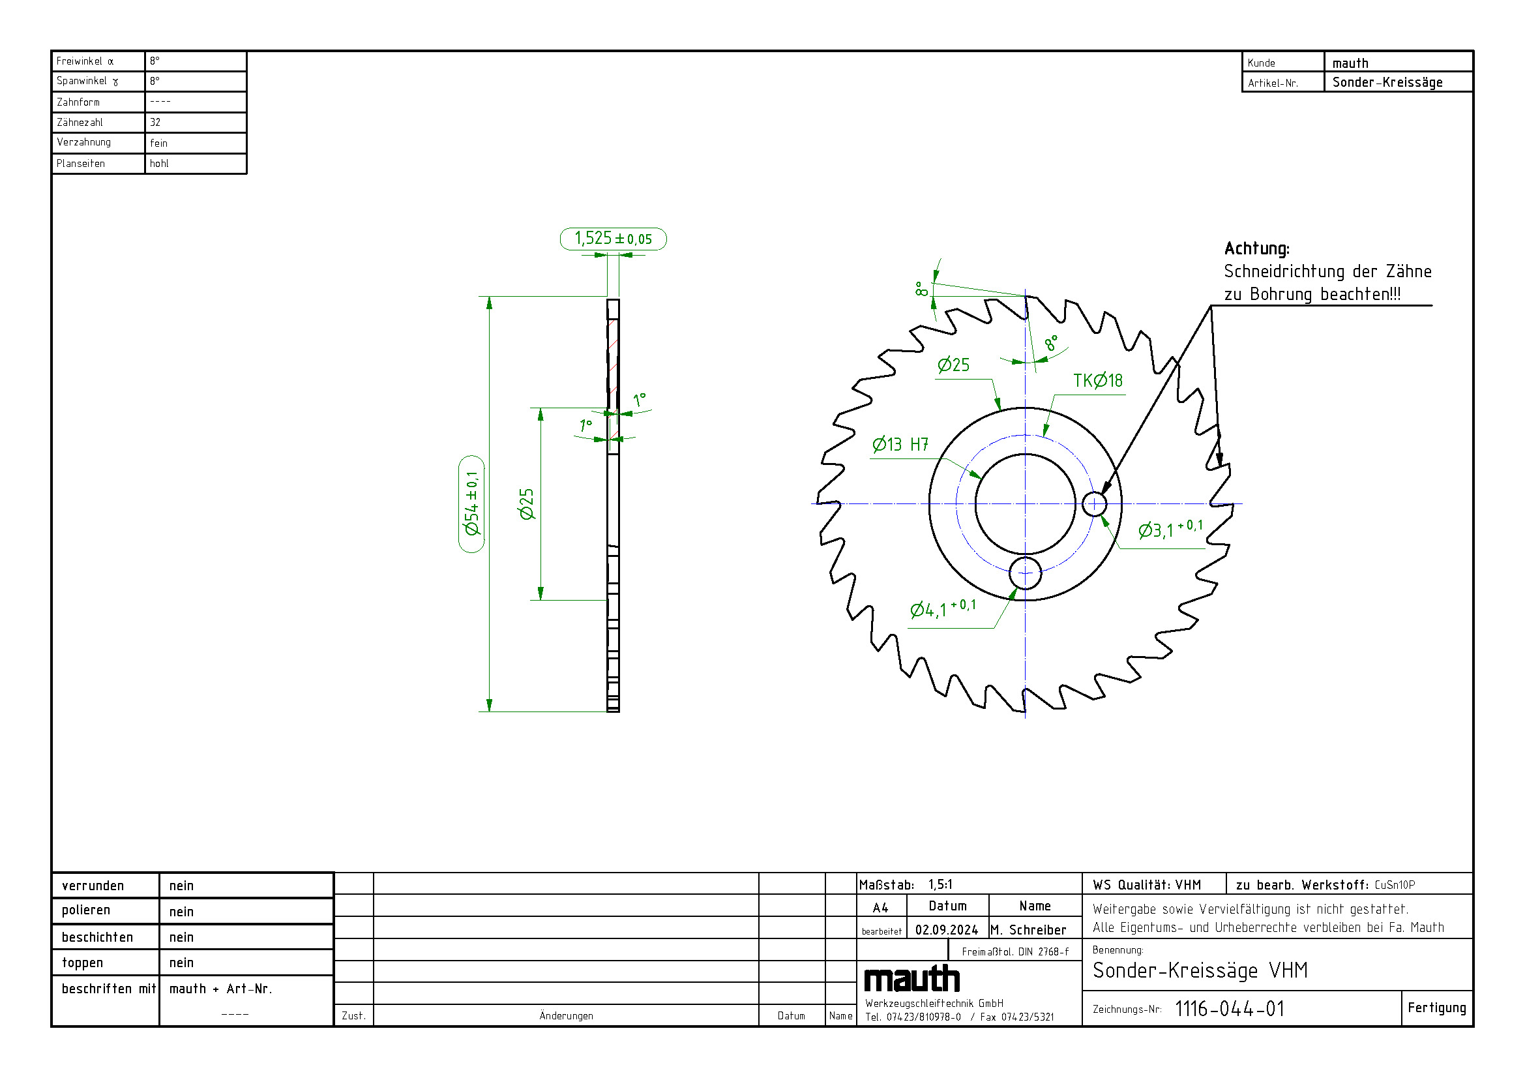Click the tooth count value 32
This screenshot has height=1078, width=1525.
pos(155,122)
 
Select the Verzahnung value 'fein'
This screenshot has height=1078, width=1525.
pos(158,143)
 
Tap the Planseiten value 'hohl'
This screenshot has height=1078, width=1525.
pos(158,164)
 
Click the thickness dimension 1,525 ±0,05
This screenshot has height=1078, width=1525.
pos(613,239)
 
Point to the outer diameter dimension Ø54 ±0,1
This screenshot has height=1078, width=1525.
pos(471,503)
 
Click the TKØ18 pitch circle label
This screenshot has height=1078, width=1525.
pos(1098,381)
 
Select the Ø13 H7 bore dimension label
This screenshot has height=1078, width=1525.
pos(900,444)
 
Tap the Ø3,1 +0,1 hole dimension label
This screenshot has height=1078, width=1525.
pos(1170,529)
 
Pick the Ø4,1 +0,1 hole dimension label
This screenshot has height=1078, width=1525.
pos(943,608)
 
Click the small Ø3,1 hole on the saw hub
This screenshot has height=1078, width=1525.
pos(1095,504)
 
